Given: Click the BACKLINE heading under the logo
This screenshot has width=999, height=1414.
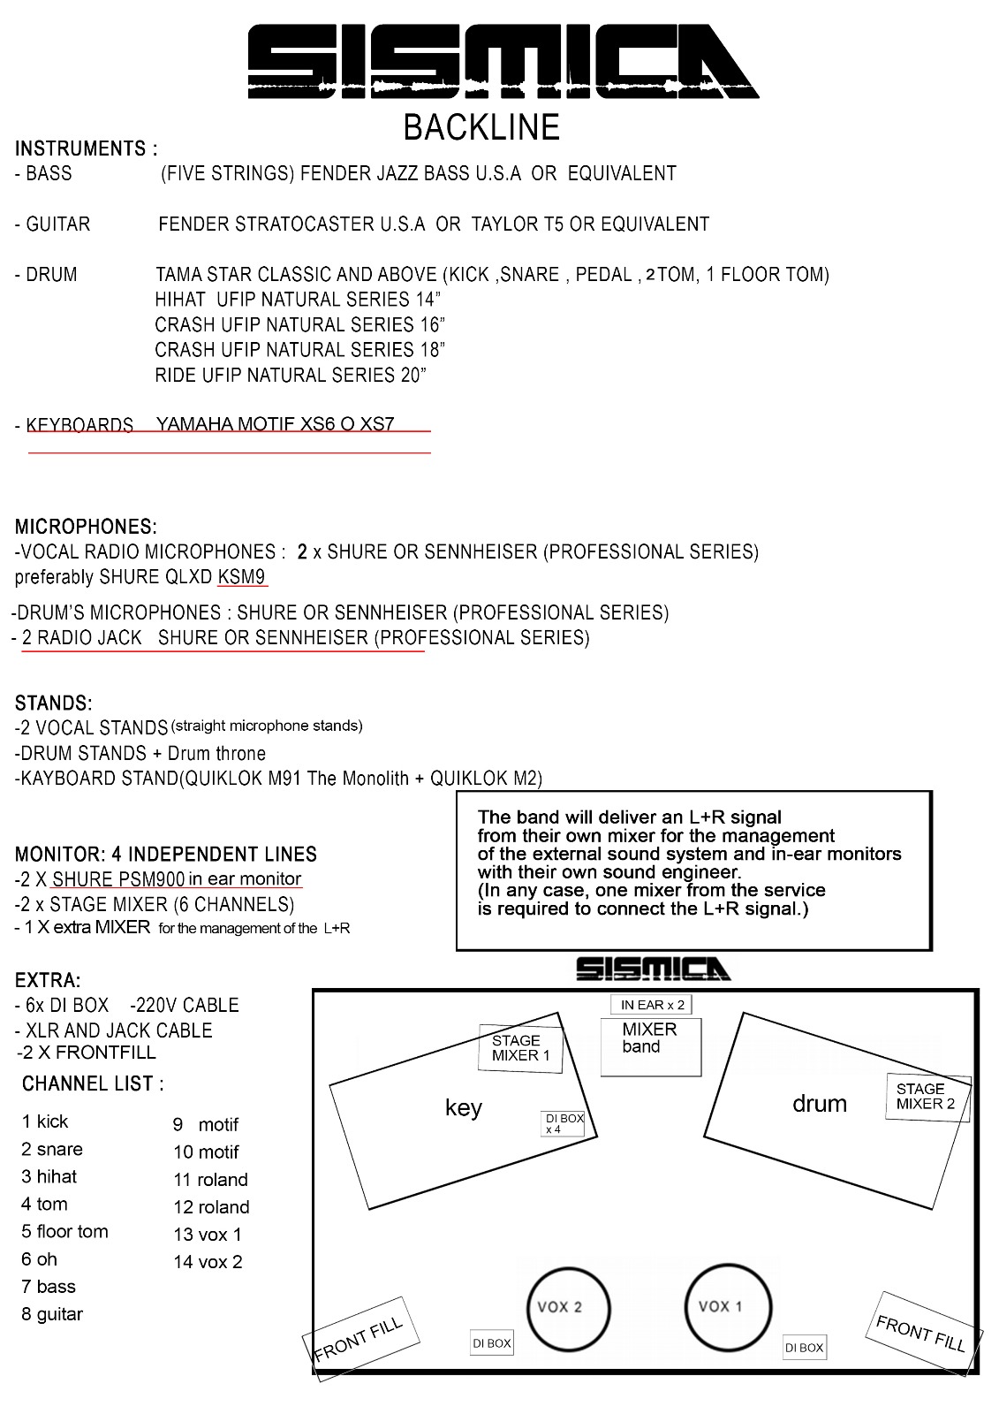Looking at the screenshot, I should (x=481, y=127).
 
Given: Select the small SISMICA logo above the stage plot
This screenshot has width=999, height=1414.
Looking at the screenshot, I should (x=653, y=969).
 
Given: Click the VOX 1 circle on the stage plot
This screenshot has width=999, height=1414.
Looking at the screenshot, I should (x=728, y=1307).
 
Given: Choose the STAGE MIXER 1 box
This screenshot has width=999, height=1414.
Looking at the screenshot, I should (x=520, y=1048).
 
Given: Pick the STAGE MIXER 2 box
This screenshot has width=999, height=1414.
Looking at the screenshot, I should (x=927, y=1097).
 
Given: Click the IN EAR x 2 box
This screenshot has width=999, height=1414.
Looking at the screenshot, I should (x=652, y=1005).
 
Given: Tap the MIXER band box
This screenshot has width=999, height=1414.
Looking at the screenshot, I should (x=650, y=1046).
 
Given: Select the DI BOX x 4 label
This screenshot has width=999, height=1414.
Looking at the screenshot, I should (x=564, y=1123).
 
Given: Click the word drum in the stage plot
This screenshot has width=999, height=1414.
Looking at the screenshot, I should (x=819, y=1104).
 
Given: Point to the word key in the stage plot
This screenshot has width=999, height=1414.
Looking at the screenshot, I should (x=463, y=1108).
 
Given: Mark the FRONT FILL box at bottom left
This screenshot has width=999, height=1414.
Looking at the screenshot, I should (x=359, y=1337).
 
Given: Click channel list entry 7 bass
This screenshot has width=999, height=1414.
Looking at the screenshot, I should (x=49, y=1287).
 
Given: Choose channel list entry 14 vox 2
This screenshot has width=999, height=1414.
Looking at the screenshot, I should (x=208, y=1262).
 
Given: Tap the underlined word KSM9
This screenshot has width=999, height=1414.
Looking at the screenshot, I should (x=241, y=577).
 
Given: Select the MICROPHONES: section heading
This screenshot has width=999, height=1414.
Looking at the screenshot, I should (x=86, y=528).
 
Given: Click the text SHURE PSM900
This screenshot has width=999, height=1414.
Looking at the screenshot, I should (x=118, y=879).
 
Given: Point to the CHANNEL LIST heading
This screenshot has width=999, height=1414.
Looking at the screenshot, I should (x=93, y=1083).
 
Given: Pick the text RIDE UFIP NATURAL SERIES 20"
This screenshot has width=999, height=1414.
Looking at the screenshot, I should (x=291, y=376).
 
